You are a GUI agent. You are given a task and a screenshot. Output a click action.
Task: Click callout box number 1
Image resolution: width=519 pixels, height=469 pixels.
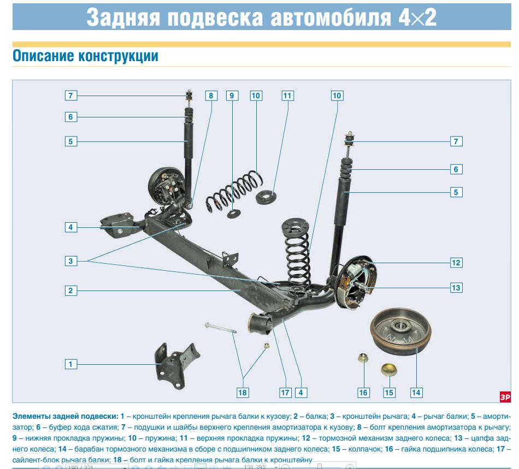(x=70, y=364)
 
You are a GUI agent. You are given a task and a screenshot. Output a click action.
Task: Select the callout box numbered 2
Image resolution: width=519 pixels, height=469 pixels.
(x=70, y=290)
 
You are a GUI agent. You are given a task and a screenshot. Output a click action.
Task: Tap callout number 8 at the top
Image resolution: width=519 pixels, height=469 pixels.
(x=211, y=96)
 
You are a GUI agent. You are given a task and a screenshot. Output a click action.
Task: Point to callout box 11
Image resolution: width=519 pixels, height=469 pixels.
(x=287, y=96)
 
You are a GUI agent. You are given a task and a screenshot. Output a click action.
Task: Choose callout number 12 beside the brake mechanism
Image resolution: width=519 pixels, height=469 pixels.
(x=456, y=263)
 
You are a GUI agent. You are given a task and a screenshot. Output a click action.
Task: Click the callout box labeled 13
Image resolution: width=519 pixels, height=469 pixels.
(x=456, y=287)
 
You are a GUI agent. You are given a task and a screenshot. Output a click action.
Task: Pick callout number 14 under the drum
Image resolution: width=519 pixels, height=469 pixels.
(x=416, y=392)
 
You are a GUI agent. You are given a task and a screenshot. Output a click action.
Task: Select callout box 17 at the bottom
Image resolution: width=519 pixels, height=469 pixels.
(x=285, y=392)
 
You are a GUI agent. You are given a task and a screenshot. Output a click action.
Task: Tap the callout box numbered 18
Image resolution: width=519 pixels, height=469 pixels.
(x=243, y=392)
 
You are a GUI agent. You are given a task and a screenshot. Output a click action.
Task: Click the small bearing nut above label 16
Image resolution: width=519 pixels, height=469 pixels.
(x=362, y=358)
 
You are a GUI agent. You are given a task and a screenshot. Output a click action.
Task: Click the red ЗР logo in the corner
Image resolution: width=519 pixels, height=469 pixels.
(x=505, y=397)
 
